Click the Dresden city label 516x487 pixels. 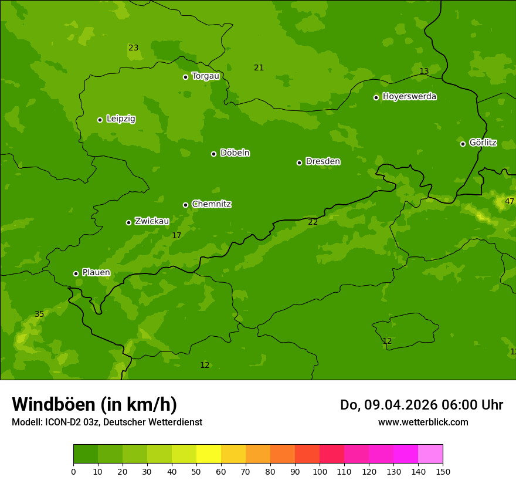[x=322, y=161]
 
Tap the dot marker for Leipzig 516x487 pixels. [x=100, y=120]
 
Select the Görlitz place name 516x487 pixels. [x=483, y=143]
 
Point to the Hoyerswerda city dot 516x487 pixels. [x=376, y=97]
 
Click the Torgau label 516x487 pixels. [x=205, y=76]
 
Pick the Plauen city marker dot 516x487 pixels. [x=76, y=273]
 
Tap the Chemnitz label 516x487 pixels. [x=211, y=204]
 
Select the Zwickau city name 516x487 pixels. [x=152, y=221]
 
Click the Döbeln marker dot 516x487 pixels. [x=214, y=154]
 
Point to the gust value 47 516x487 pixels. [x=509, y=201]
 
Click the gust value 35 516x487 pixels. [x=39, y=314]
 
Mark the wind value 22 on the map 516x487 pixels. [x=313, y=222]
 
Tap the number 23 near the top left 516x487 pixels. [x=134, y=48]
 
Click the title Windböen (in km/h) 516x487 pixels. [x=94, y=404]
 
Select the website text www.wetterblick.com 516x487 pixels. [x=423, y=422]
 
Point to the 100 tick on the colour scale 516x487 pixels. [x=320, y=471]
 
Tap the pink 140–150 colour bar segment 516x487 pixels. [x=430, y=454]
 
